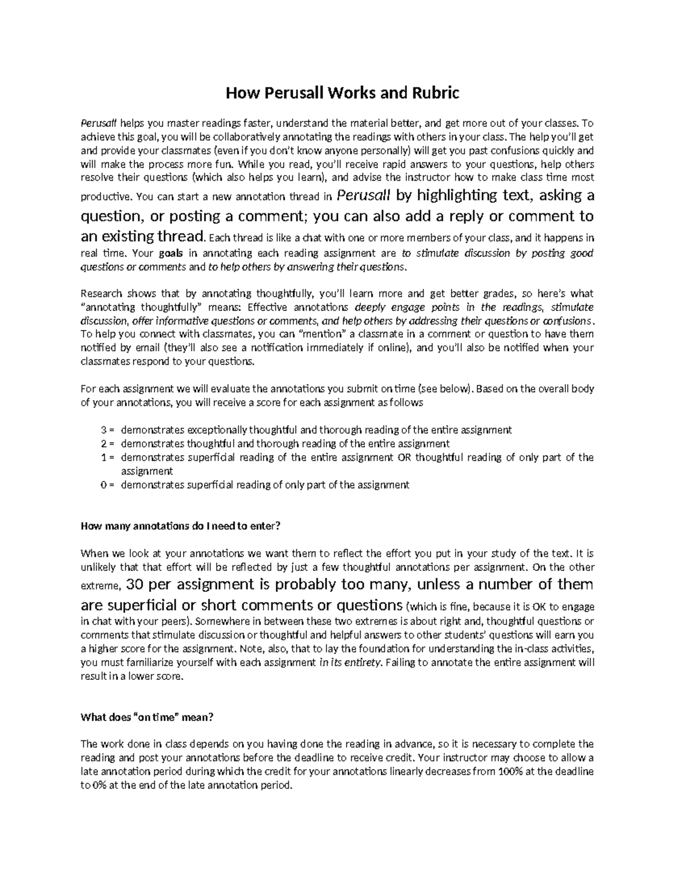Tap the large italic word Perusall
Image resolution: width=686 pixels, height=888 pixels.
[365, 196]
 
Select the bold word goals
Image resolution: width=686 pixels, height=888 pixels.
[171, 253]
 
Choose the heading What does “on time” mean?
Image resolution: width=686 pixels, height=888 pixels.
[147, 717]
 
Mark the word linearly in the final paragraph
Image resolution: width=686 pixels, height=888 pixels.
[412, 771]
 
